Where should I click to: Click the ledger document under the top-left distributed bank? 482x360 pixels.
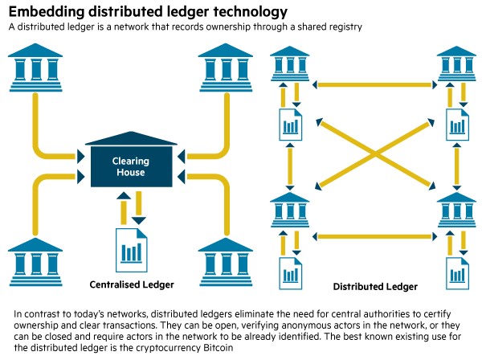pos(289,122)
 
